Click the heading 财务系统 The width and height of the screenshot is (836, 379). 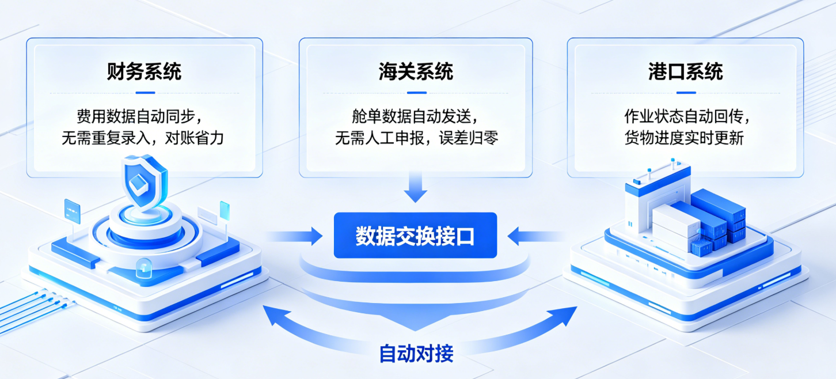coord(144,71)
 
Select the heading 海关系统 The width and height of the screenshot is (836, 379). coord(416,71)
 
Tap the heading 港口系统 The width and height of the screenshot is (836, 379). coord(685,71)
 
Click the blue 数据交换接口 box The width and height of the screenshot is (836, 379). coord(415,236)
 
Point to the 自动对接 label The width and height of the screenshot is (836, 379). coord(416,353)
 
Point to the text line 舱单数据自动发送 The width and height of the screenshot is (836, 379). coord(415,116)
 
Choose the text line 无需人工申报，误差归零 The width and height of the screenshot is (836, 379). coord(416,138)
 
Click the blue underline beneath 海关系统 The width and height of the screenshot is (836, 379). coord(416,92)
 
